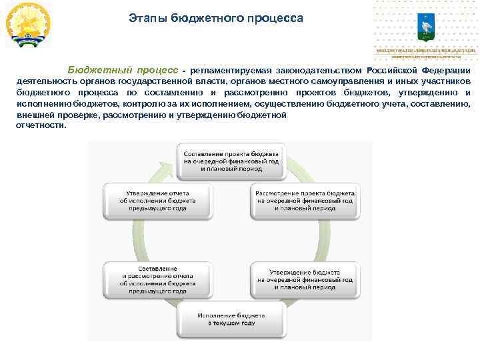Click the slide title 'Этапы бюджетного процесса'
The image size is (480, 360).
click(x=216, y=18)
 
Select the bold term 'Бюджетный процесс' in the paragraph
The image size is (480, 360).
click(x=122, y=71)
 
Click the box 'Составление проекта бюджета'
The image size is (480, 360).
click(x=232, y=161)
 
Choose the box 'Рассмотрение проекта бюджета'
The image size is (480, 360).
click(x=304, y=199)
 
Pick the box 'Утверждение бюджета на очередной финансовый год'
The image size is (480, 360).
click(x=304, y=280)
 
